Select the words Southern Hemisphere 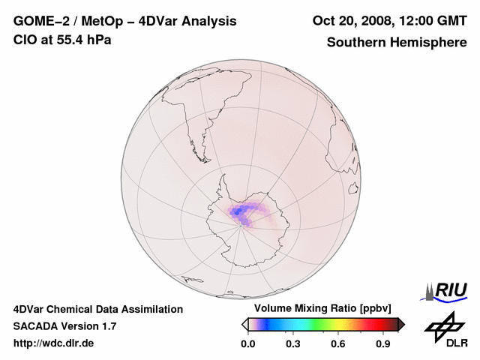click(x=397, y=42)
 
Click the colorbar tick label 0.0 click(x=247, y=344)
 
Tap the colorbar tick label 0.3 click(x=292, y=344)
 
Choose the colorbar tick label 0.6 click(x=338, y=344)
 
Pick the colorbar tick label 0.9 click(x=383, y=344)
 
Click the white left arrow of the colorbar click(x=244, y=324)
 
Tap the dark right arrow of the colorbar click(x=401, y=324)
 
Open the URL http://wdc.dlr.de click(x=54, y=343)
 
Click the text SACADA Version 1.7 click(x=64, y=326)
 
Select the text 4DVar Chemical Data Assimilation click(x=98, y=309)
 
